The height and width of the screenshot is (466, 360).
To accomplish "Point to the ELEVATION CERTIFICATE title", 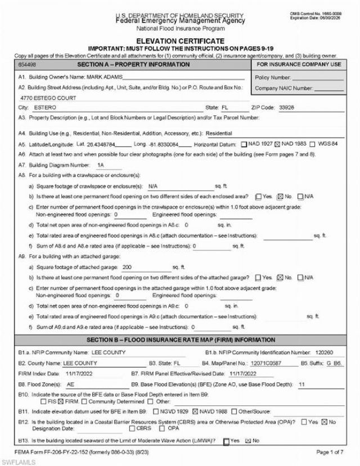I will click(179, 41).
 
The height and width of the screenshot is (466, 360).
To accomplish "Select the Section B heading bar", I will click(180, 340).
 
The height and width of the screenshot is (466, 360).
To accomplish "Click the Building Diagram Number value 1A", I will click(101, 165).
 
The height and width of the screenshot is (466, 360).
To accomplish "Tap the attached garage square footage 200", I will click(127, 268).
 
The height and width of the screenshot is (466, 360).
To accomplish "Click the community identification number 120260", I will click(325, 352).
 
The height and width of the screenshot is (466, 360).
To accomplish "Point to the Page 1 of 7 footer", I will click(330, 451).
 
